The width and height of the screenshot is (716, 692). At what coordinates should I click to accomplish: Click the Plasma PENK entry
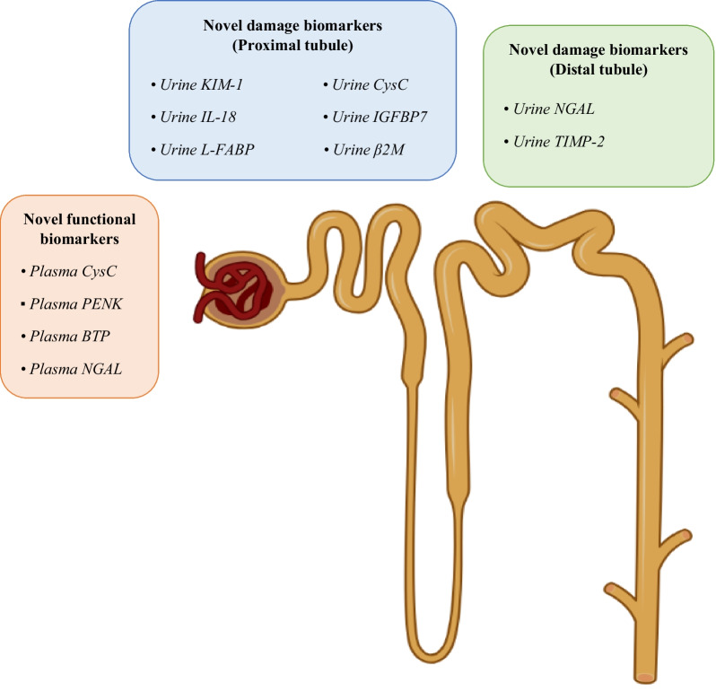coord(76,304)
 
